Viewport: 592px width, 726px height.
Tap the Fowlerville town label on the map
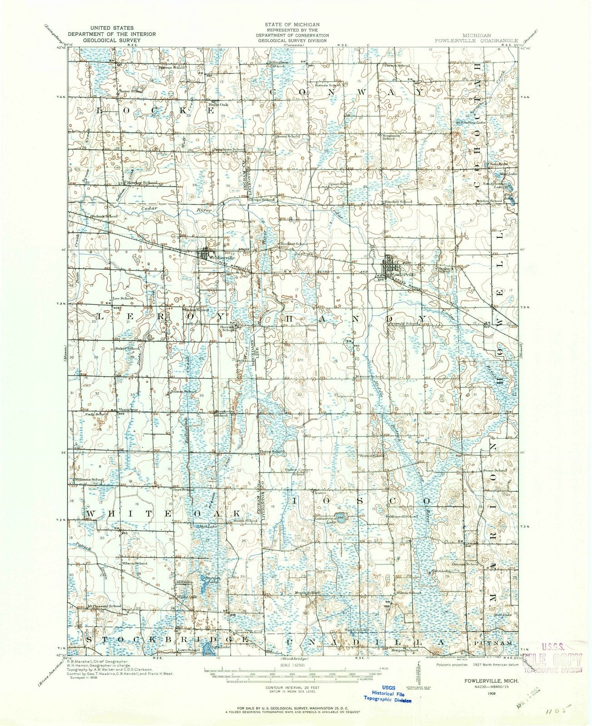[393, 275]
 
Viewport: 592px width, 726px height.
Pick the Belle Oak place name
[218, 104]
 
